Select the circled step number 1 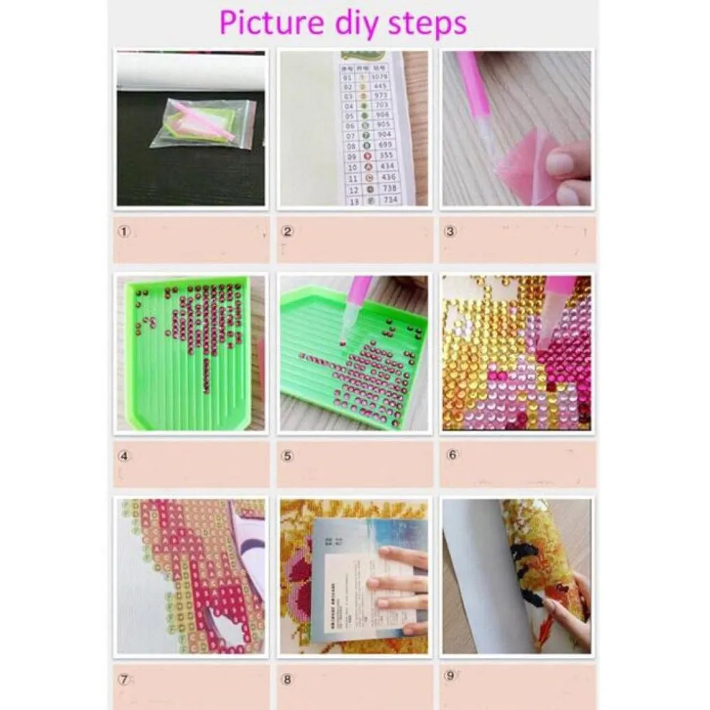tap(124, 231)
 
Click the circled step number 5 tap(288, 456)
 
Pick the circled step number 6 tap(452, 456)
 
